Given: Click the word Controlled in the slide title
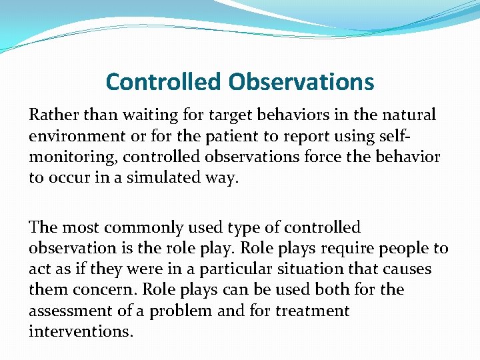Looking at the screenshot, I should click(164, 82).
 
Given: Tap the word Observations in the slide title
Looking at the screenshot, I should click(301, 82).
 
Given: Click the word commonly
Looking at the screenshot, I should click(143, 227).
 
